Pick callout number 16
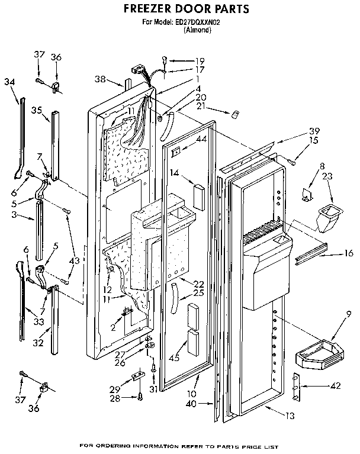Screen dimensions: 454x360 (x=349, y=253)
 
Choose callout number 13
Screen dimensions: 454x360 (x=288, y=417)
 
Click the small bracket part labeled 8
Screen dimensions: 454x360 (x=308, y=193)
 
